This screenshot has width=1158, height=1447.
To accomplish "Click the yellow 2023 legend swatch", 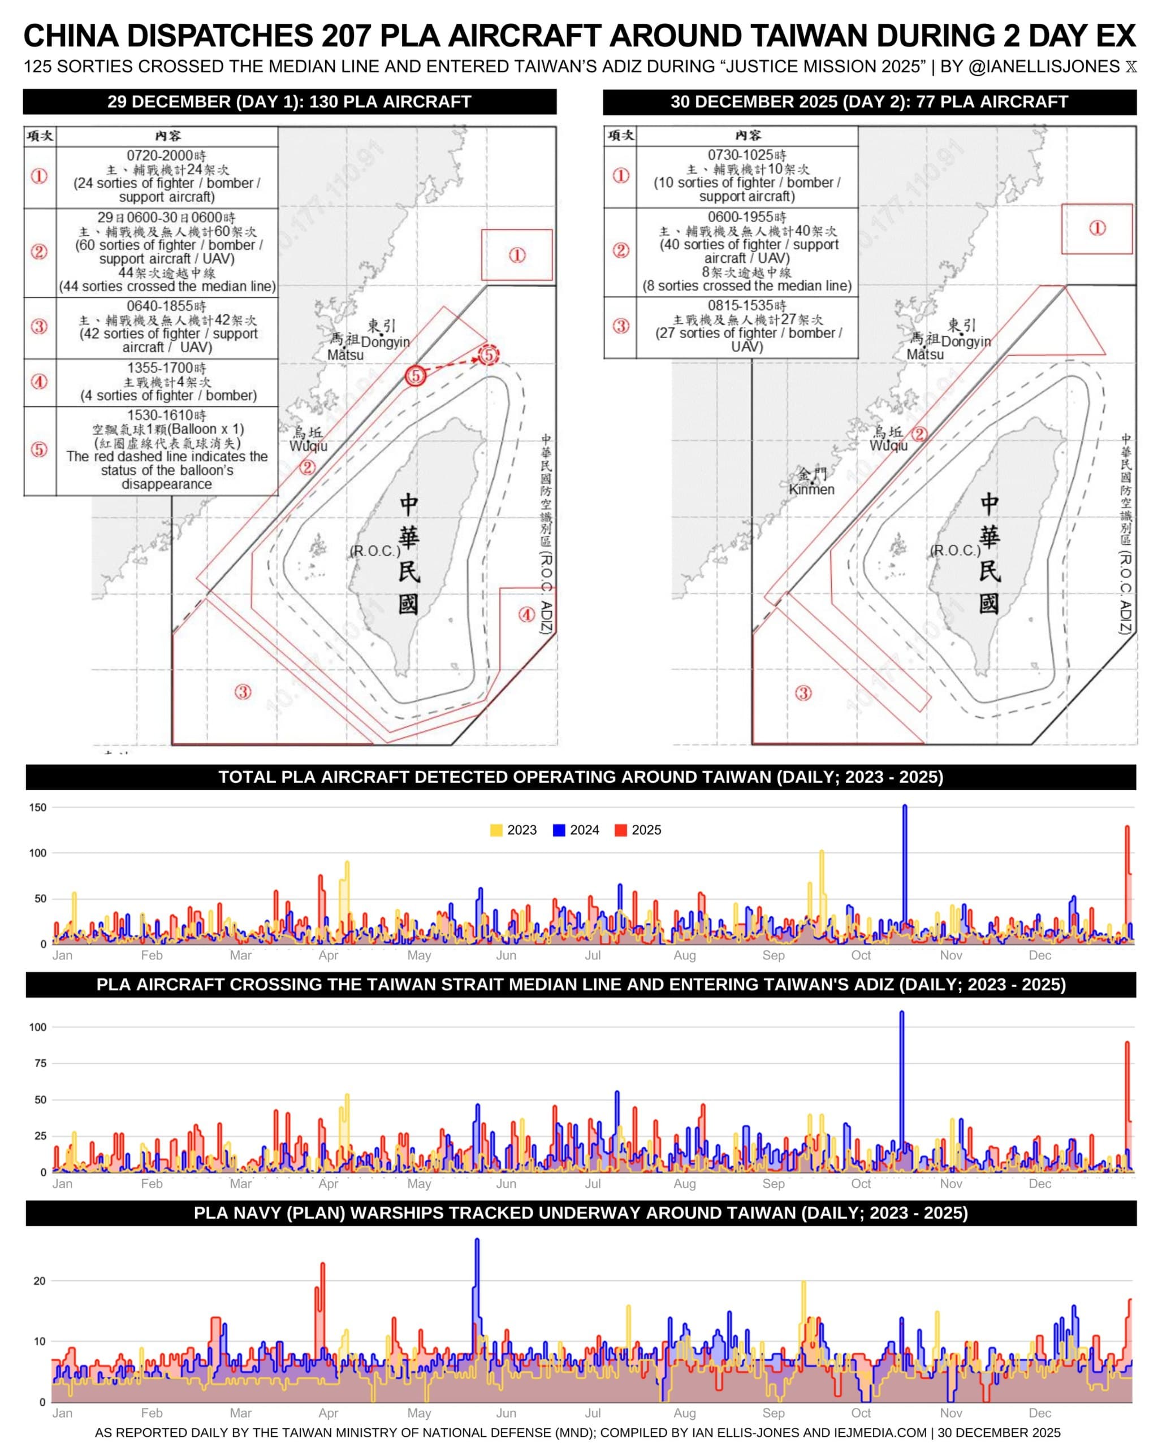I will (x=496, y=830).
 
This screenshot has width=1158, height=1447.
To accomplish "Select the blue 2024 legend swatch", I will (x=559, y=830).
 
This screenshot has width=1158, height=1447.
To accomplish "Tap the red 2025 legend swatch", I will (x=620, y=830).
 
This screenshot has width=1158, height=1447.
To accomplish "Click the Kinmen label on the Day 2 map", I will (x=811, y=489).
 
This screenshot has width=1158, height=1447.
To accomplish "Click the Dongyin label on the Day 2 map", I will (x=965, y=341).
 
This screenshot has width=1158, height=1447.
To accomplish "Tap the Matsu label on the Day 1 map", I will (x=345, y=355).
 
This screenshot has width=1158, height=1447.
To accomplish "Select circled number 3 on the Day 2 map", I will (x=803, y=692).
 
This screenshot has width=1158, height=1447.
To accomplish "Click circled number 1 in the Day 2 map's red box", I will (x=1097, y=228).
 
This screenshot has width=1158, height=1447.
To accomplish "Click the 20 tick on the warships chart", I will (x=40, y=1281).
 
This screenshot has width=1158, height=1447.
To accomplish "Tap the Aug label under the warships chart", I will (x=684, y=1413).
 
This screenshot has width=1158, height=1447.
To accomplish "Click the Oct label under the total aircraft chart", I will (x=861, y=955).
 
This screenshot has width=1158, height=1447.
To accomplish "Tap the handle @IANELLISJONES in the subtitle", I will (x=1044, y=67).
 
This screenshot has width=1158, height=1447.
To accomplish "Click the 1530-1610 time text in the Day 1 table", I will (x=166, y=415).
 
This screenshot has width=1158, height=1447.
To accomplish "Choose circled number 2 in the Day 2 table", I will (x=620, y=250).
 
